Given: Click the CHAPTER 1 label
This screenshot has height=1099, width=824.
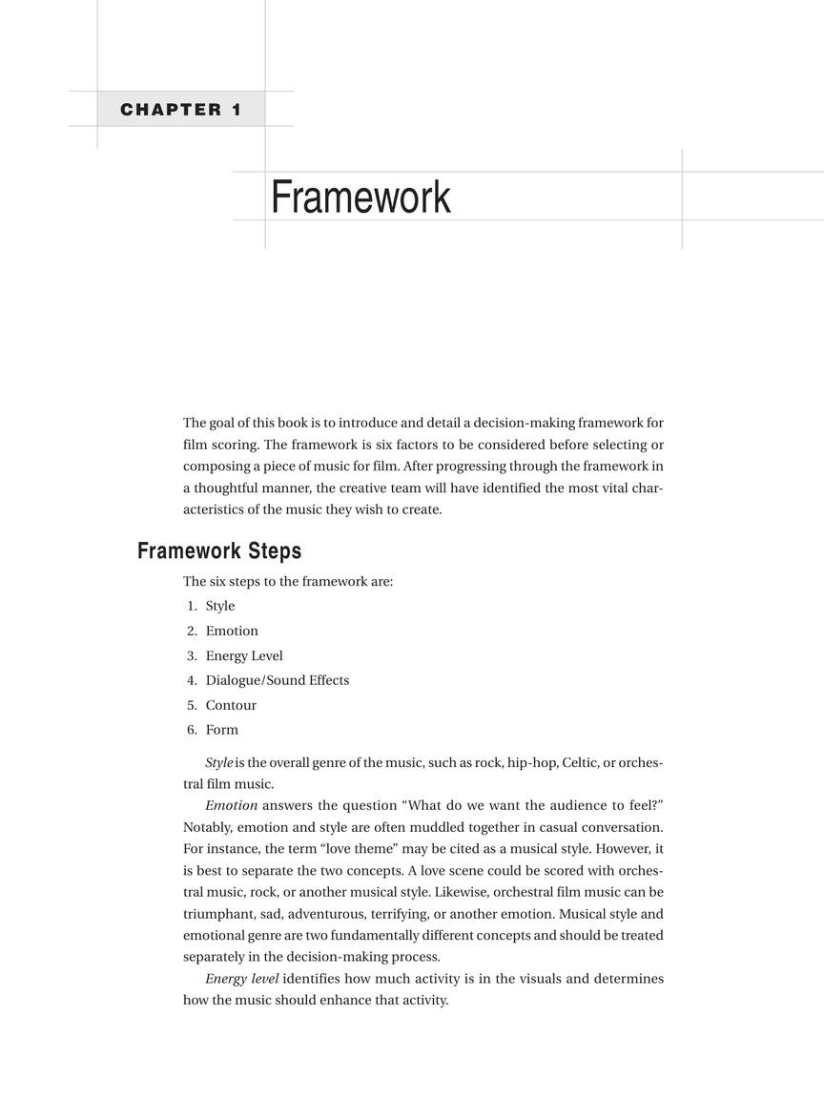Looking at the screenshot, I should click(x=180, y=110).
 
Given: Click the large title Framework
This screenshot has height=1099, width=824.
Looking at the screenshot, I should click(x=360, y=197).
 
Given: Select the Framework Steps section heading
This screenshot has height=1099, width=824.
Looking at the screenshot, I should click(x=219, y=550).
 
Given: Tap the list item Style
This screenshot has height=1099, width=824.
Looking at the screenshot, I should click(x=219, y=606).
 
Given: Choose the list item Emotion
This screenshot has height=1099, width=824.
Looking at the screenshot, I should click(x=232, y=631).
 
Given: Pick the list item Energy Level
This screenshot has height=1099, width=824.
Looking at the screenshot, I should click(x=244, y=655).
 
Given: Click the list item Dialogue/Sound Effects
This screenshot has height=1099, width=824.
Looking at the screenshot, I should click(x=278, y=680).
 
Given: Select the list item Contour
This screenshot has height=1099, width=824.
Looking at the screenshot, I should click(x=231, y=705).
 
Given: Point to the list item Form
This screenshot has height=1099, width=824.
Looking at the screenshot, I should click(x=222, y=730).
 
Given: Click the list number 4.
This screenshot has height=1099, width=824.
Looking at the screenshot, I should click(x=191, y=680).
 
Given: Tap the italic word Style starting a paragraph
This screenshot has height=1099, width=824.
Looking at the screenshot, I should click(x=218, y=763).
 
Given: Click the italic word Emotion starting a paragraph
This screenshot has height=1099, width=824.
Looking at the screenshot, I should click(x=231, y=805).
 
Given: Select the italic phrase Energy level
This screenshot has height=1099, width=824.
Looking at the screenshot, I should click(x=241, y=979).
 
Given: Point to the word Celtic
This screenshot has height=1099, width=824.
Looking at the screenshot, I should click(x=579, y=763).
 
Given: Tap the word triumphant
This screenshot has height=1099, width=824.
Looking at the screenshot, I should click(x=218, y=914).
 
